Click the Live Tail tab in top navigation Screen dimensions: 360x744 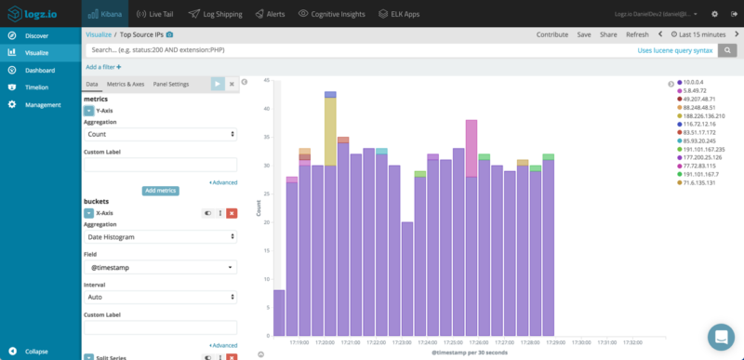(153, 14)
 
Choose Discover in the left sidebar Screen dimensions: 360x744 (37, 35)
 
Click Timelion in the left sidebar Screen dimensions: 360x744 (37, 87)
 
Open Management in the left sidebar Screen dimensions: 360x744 (43, 104)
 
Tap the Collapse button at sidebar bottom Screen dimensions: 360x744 (36, 352)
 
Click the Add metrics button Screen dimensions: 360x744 (160, 191)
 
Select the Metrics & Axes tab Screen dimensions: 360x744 (125, 84)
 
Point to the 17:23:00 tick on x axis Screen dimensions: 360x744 (402, 342)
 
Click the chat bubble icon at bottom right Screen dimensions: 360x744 (720, 336)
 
